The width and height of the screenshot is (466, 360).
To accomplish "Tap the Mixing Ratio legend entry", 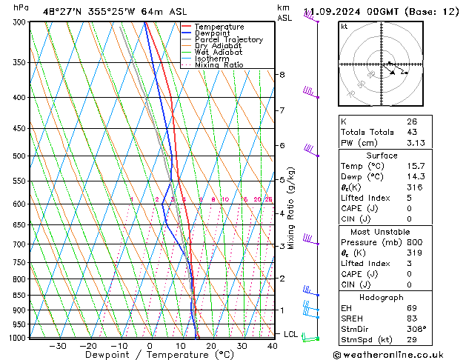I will pos(219,65).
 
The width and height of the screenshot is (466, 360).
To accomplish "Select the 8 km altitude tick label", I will pos(282,75).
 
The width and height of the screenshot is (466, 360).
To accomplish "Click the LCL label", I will pos(290,334).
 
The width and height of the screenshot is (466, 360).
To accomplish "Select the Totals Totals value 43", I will pos(411,132).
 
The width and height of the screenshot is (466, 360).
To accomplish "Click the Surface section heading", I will pos(381,156).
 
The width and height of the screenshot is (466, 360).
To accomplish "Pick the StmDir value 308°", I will pos(416,328).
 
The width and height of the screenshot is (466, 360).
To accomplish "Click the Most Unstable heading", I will pos(381,232).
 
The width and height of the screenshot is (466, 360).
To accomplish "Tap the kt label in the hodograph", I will pos(344,27).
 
